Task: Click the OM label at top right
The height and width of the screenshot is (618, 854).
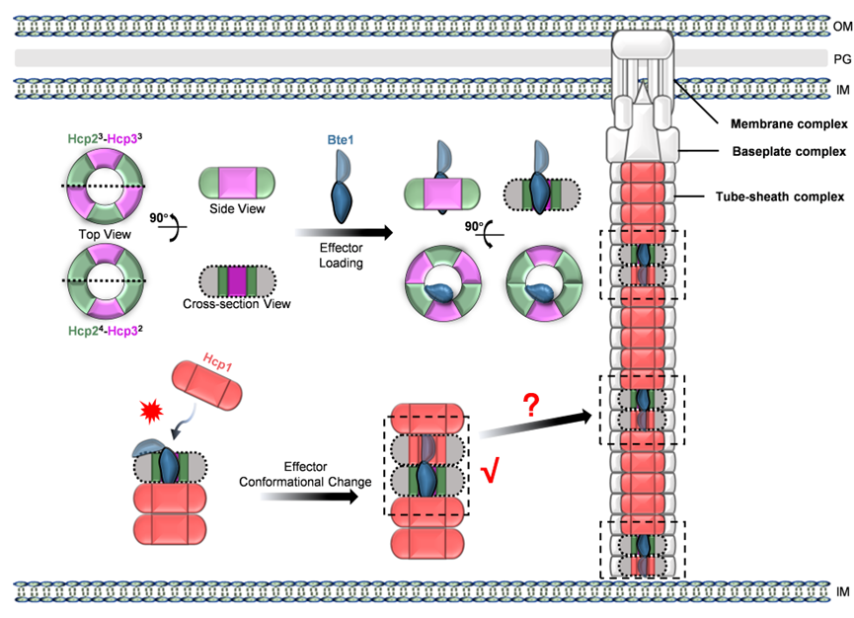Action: [x=841, y=26]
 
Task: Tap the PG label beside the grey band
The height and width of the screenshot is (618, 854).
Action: [x=842, y=59]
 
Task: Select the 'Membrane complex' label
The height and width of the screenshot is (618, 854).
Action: [x=789, y=124]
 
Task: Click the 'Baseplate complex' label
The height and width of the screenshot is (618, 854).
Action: [x=789, y=151]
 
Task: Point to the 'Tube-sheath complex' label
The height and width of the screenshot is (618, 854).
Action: [x=780, y=196]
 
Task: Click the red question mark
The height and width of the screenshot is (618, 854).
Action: [x=531, y=406]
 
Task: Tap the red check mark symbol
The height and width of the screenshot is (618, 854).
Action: [x=489, y=473]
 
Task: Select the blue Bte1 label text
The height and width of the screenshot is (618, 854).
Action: [x=341, y=140]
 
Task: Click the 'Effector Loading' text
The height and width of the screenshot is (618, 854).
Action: [x=341, y=256]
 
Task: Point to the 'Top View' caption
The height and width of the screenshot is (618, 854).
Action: [x=105, y=234]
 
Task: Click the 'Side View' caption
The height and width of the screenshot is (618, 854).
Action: [x=237, y=208]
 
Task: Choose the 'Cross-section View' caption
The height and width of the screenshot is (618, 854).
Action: [x=236, y=304]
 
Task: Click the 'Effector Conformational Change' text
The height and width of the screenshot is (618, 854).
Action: [x=305, y=474]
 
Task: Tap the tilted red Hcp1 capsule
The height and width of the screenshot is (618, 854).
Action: [x=207, y=386]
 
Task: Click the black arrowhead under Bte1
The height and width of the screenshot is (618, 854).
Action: [x=386, y=233]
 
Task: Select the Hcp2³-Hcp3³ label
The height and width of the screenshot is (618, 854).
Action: [x=105, y=139]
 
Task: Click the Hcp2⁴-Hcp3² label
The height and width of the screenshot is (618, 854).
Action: [x=105, y=331]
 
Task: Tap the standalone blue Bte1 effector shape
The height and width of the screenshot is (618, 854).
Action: [x=342, y=187]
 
